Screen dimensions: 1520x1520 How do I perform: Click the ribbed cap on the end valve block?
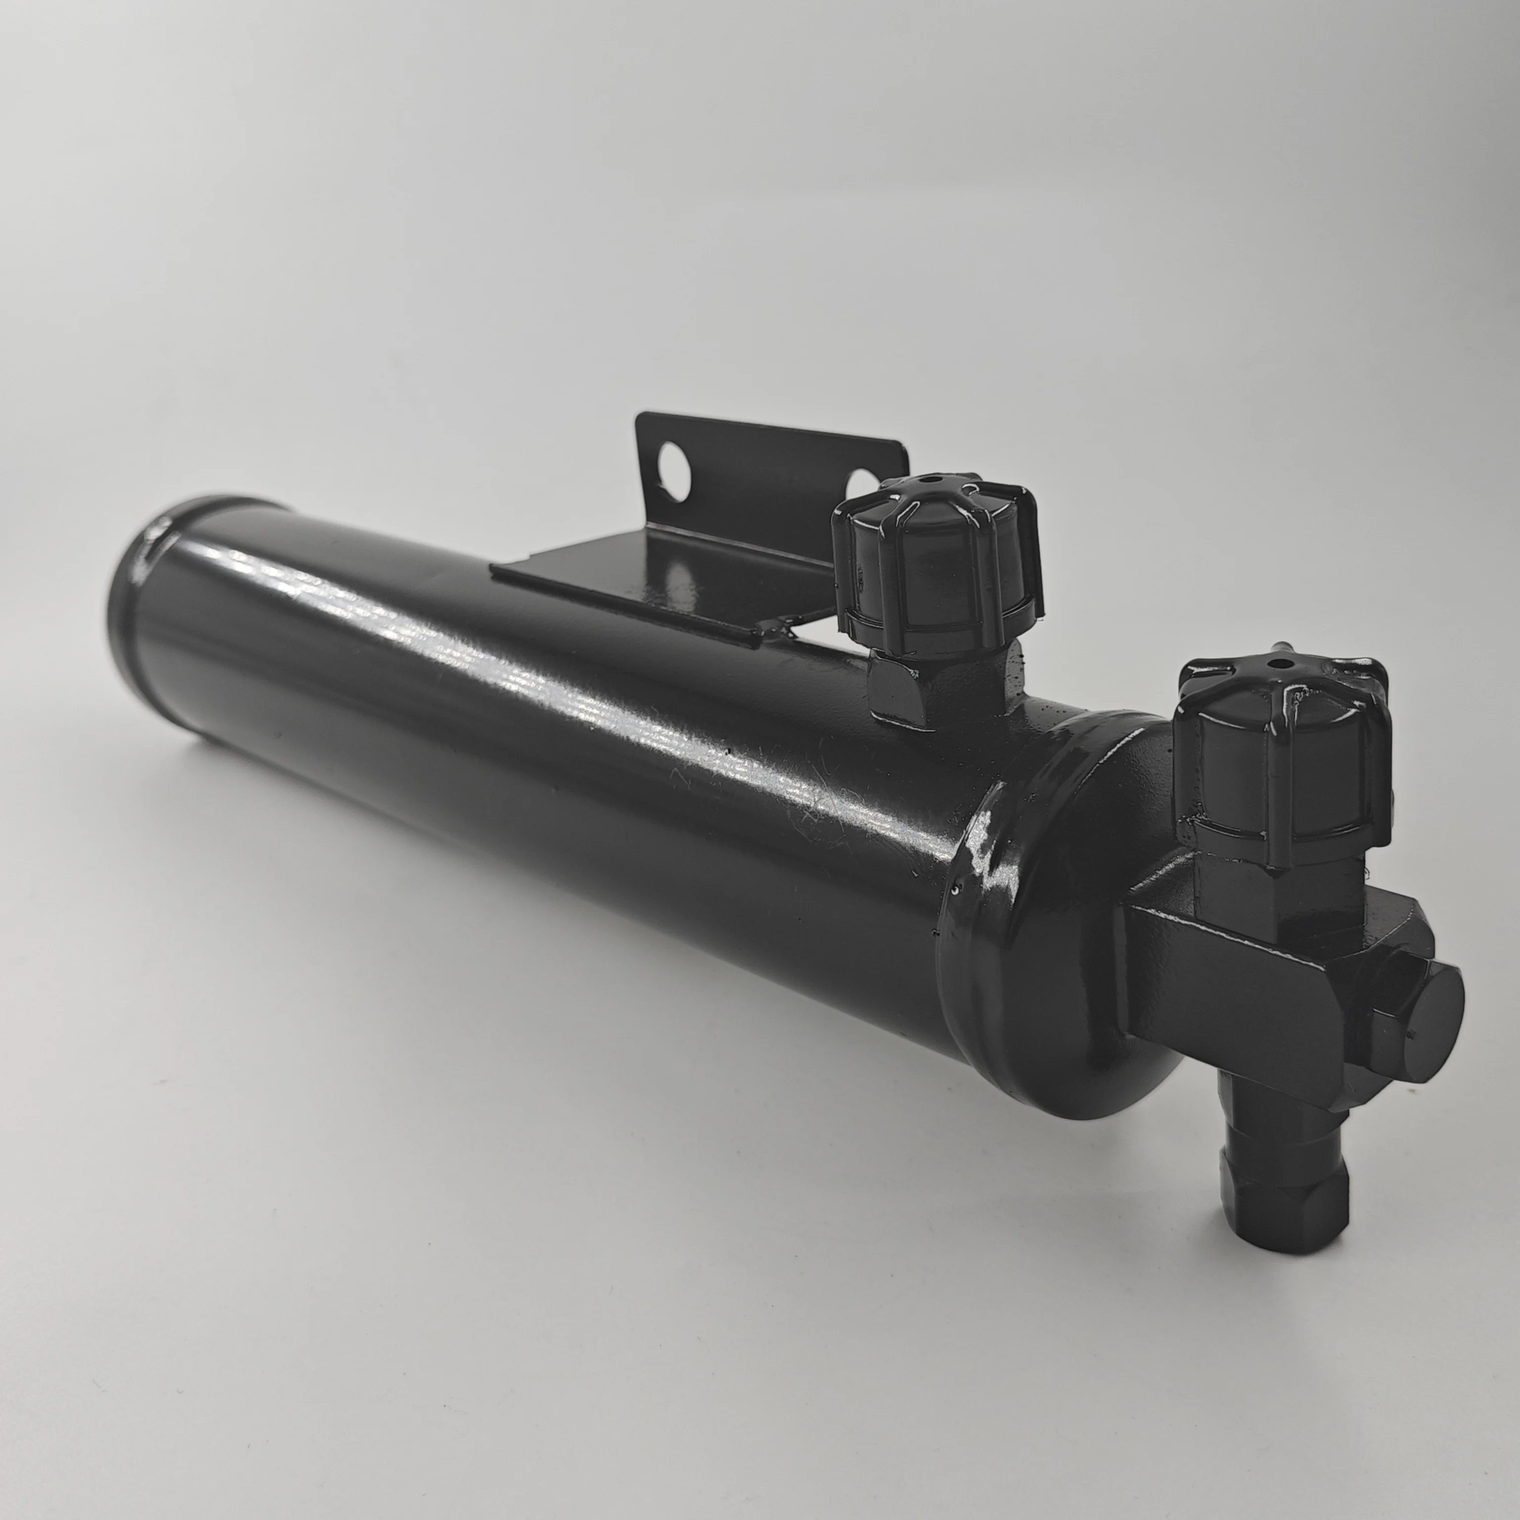click(x=1282, y=755)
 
